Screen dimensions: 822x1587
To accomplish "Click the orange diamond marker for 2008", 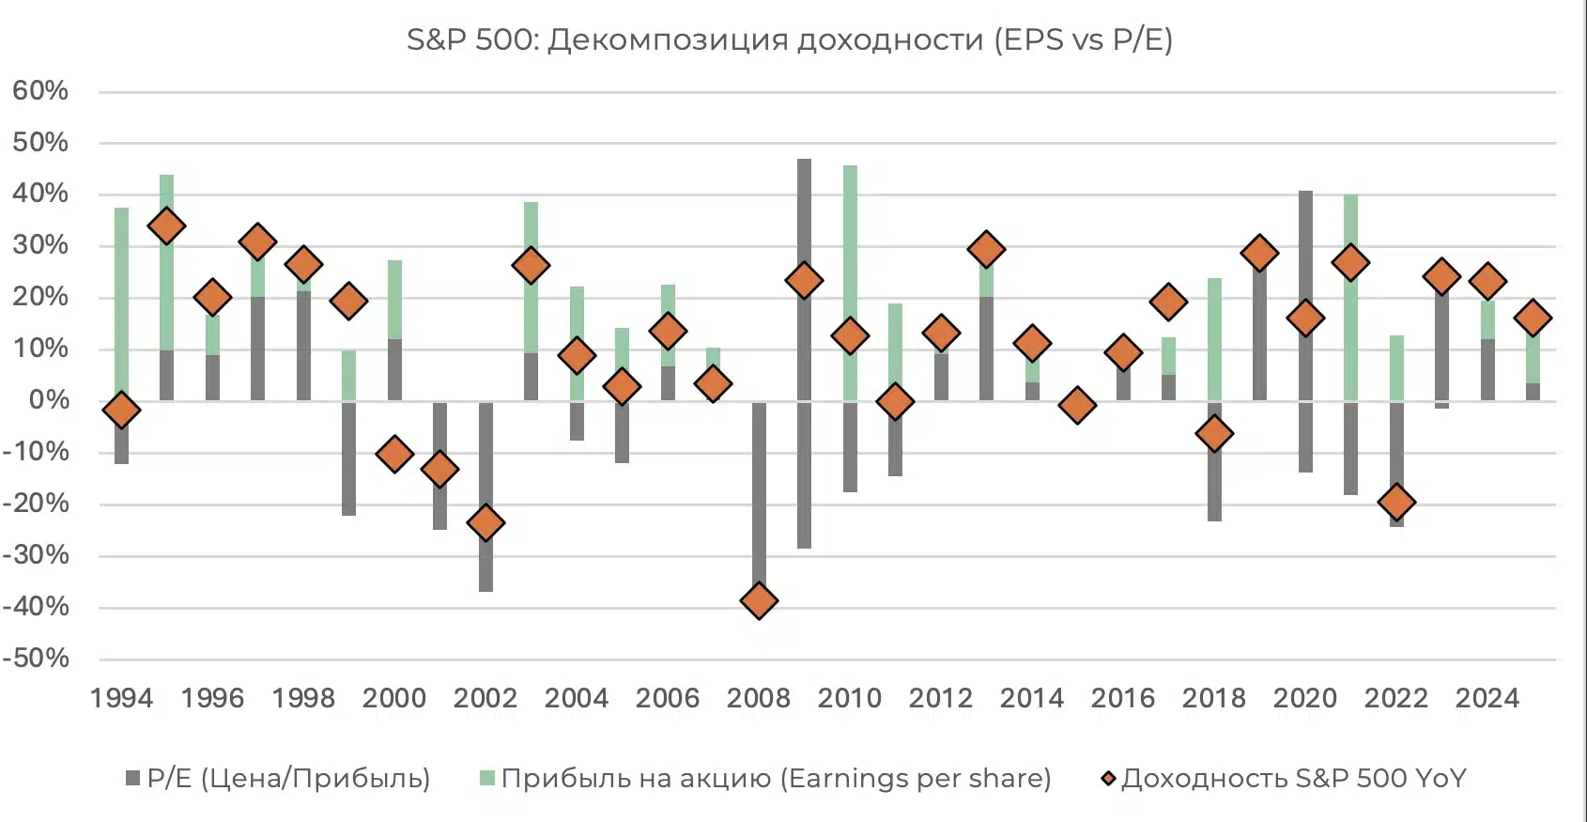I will [x=759, y=600].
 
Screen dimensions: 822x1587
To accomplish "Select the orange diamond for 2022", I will [x=1396, y=502].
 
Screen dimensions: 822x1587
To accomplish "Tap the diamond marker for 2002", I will [x=485, y=522].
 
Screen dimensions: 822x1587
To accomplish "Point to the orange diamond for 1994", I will [x=121, y=410].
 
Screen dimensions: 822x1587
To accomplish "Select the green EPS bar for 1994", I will [x=121, y=301].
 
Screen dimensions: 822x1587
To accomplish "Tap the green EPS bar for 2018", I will [x=1214, y=338].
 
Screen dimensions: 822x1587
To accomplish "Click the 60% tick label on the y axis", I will [x=40, y=91].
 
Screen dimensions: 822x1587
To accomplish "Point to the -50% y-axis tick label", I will [x=37, y=659].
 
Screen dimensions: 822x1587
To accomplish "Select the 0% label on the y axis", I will [x=49, y=400].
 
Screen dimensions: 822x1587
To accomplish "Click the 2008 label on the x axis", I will [x=759, y=698].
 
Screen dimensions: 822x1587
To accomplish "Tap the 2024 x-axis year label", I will [x=1487, y=698].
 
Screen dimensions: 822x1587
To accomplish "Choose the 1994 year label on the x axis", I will [x=121, y=698].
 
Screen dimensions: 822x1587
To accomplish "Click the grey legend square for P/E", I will [x=133, y=778].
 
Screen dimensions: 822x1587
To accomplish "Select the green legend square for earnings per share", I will [x=487, y=778].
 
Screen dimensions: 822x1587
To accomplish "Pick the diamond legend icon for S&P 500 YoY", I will [x=1109, y=778].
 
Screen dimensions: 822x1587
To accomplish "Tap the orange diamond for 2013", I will [x=986, y=250].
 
